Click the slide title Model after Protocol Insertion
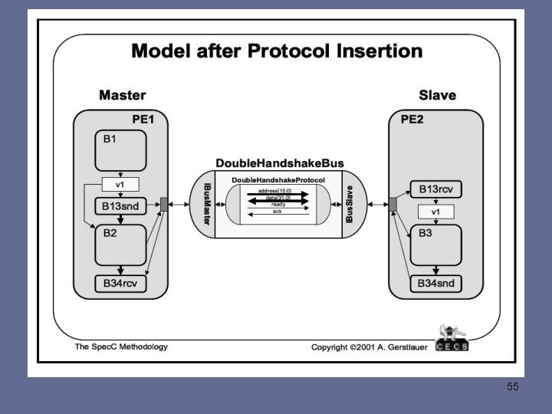(x=277, y=51)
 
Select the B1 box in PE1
(x=120, y=150)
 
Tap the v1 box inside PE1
(x=120, y=185)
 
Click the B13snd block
(x=120, y=205)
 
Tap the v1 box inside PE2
(x=436, y=211)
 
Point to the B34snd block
(x=436, y=284)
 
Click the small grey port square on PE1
(x=163, y=204)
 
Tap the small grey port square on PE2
(x=393, y=204)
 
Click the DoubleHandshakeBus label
(x=279, y=163)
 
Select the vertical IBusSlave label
(x=350, y=204)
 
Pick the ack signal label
(x=278, y=211)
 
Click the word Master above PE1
(x=122, y=96)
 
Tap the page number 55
(x=513, y=386)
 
